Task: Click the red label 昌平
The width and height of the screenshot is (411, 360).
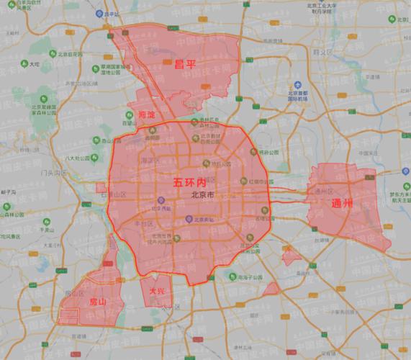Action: (x=185, y=64)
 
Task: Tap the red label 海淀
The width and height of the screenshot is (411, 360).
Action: (x=147, y=114)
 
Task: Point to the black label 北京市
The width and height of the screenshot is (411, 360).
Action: (x=204, y=194)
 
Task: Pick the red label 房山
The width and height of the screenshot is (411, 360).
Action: (x=96, y=302)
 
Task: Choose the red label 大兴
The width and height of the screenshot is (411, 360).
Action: (x=156, y=291)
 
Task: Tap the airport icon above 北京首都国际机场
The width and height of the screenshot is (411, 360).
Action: (x=293, y=85)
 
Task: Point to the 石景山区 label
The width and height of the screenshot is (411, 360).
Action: (x=114, y=194)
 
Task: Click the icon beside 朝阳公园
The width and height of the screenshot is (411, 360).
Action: (x=253, y=152)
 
